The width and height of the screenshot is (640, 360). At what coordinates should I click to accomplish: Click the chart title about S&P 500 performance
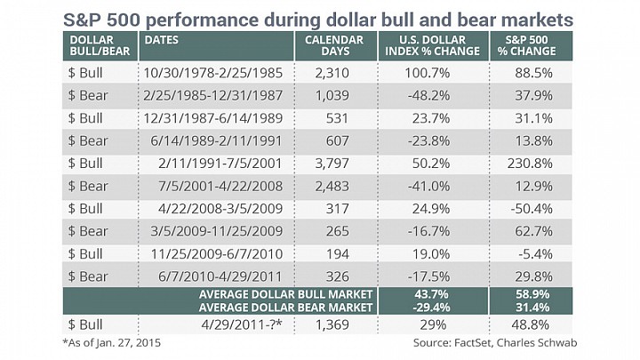[318, 20]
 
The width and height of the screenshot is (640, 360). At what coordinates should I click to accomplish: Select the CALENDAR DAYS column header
[334, 45]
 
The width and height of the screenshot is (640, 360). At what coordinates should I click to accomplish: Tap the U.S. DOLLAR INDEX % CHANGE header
[432, 45]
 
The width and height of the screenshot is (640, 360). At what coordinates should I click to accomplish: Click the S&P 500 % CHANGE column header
[526, 45]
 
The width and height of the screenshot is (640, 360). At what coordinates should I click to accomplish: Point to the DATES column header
[162, 40]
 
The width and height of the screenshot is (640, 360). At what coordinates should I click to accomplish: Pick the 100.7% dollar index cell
[427, 73]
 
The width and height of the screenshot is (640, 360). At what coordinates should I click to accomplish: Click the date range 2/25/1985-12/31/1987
[212, 95]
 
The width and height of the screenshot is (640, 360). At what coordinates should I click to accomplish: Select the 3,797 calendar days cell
[332, 164]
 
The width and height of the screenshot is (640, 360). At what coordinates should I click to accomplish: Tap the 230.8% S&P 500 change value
[530, 164]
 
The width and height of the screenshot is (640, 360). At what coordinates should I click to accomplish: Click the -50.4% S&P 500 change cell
[532, 209]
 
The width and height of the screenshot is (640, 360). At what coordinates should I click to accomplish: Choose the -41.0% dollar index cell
[428, 186]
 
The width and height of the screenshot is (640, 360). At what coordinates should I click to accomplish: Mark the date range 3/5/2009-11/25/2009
[216, 231]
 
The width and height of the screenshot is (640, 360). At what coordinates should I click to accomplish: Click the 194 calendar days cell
[338, 254]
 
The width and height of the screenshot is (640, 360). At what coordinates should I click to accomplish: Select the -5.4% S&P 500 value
[535, 254]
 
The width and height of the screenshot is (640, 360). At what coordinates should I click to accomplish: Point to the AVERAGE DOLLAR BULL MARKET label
[285, 294]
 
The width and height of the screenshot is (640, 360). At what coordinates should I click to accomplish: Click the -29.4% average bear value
[431, 308]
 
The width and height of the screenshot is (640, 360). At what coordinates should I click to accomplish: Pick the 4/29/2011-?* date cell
[241, 324]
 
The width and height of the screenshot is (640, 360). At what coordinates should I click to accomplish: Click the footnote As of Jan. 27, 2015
[112, 342]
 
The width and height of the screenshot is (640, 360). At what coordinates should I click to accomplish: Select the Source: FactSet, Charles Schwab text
[495, 342]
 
